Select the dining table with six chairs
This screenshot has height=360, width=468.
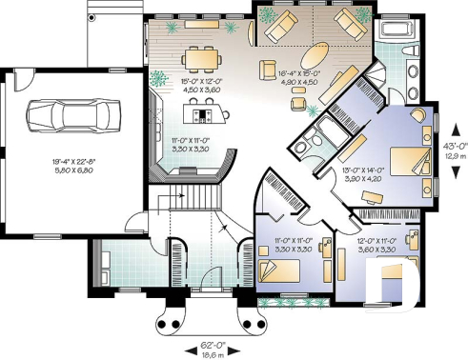(x=201, y=59)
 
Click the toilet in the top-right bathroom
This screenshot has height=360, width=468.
(x=411, y=70)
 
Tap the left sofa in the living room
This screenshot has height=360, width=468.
(x=281, y=30)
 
